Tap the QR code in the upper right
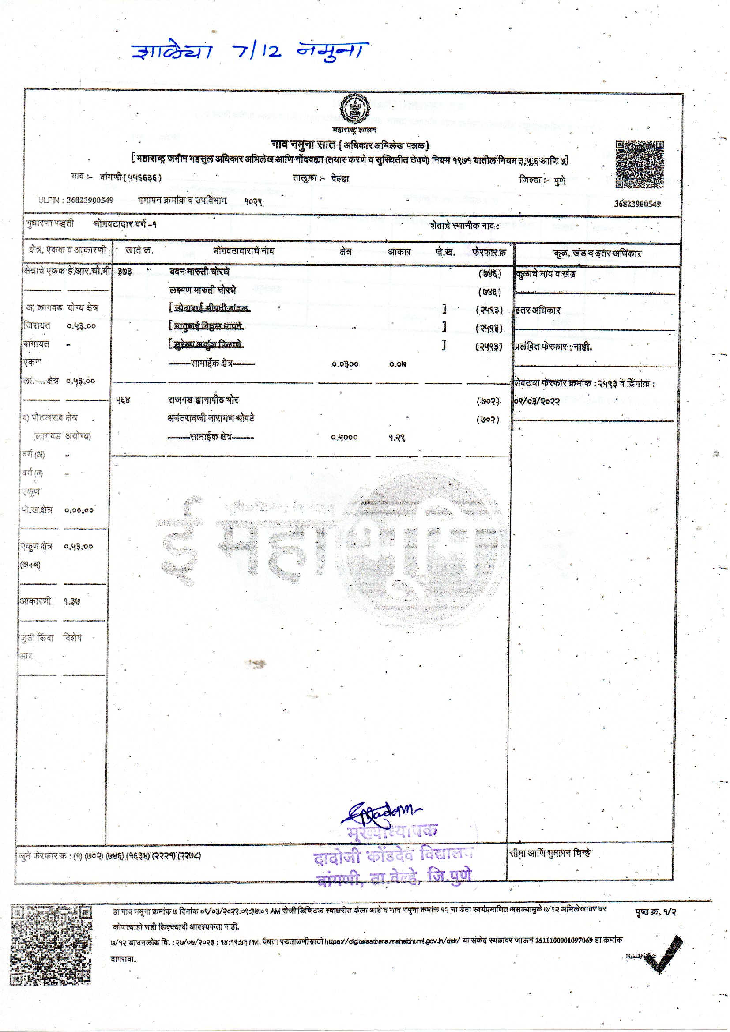639,164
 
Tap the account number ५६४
123,400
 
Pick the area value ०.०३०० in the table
345,364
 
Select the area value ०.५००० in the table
344,437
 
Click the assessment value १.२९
397,437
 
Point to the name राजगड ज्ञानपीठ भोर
203,400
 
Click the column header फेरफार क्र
489,252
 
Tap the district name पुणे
560,181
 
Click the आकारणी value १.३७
72,601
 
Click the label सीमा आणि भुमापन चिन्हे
550,853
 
